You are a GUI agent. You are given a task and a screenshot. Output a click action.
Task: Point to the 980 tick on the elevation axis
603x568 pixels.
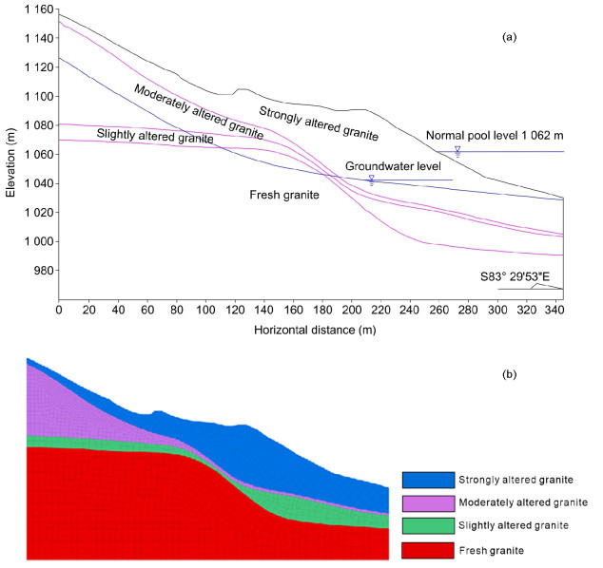point(44,271)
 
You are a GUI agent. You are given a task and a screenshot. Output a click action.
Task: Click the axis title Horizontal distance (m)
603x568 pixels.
point(310,330)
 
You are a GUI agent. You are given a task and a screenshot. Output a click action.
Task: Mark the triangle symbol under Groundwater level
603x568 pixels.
point(371,178)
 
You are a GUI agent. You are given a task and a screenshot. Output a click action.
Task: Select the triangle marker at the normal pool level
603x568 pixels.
point(457,149)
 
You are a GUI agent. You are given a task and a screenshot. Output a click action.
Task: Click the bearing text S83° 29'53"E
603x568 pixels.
point(516,276)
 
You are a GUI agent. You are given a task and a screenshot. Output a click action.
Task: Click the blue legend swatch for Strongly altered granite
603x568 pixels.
point(427,480)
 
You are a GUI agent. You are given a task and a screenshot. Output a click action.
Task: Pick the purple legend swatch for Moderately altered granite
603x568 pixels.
point(427,502)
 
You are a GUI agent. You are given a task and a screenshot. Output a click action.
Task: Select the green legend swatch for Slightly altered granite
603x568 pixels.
point(427,525)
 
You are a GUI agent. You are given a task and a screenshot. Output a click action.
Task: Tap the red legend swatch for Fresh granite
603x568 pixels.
point(427,549)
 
